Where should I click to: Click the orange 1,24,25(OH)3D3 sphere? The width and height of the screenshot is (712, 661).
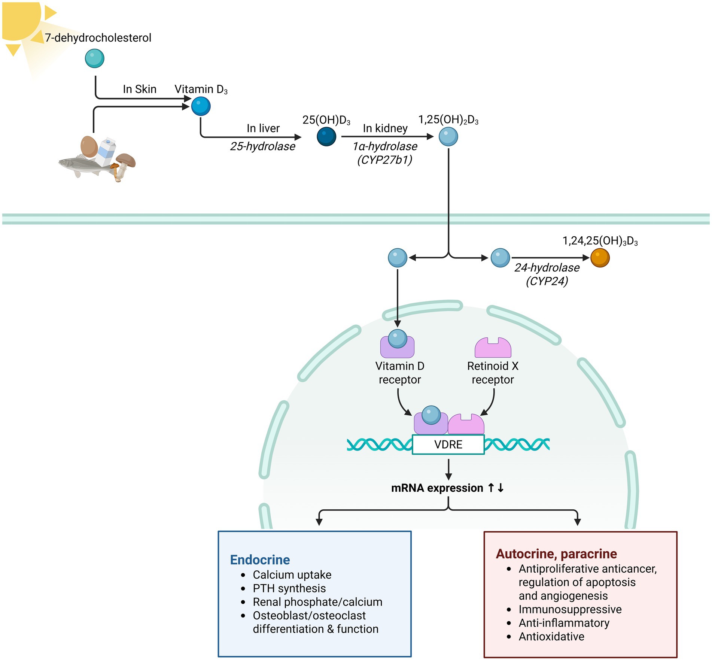pyautogui.click(x=600, y=258)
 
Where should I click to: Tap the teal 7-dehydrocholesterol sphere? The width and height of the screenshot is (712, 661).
pyautogui.click(x=94, y=58)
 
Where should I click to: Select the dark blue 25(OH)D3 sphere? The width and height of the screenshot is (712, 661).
pyautogui.click(x=326, y=136)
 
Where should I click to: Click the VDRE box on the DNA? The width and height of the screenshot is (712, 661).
pyautogui.click(x=448, y=445)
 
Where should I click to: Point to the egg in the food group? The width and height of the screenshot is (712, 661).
pyautogui.click(x=89, y=146)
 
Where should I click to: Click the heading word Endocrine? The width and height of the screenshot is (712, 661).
pyautogui.click(x=260, y=560)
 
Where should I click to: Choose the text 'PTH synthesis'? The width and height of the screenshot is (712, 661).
pyautogui.click(x=289, y=588)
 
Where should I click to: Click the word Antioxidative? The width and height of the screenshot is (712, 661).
pyautogui.click(x=551, y=636)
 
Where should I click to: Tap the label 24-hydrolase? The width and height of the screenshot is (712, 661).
pyautogui.click(x=547, y=267)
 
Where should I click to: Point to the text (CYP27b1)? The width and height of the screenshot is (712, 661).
pyautogui.click(x=385, y=160)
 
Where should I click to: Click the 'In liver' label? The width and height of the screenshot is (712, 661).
pyautogui.click(x=263, y=128)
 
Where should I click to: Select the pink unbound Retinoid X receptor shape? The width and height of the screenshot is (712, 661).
pyautogui.click(x=493, y=348)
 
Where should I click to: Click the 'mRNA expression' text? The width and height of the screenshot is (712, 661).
pyautogui.click(x=437, y=488)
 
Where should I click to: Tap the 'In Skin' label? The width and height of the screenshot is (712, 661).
pyautogui.click(x=140, y=89)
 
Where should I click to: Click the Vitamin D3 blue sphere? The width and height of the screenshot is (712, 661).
pyautogui.click(x=201, y=106)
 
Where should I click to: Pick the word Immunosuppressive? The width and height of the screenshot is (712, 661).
pyautogui.click(x=570, y=609)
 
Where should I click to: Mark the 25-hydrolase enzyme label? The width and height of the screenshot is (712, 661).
pyautogui.click(x=262, y=146)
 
